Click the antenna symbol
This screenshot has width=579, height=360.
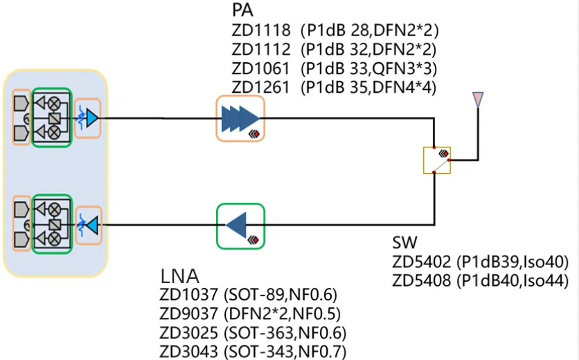477,100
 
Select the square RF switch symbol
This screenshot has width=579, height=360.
437,160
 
